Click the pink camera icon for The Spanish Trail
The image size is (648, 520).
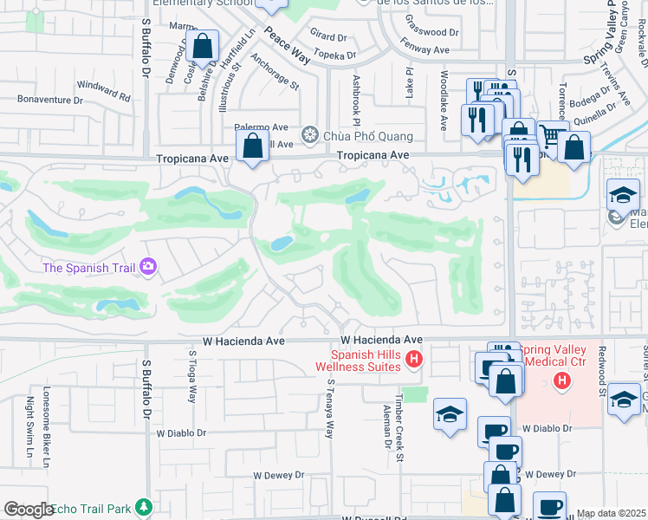[148, 266]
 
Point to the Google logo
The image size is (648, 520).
[28, 510]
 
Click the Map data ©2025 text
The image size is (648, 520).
[611, 513]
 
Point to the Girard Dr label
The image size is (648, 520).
[327, 37]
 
